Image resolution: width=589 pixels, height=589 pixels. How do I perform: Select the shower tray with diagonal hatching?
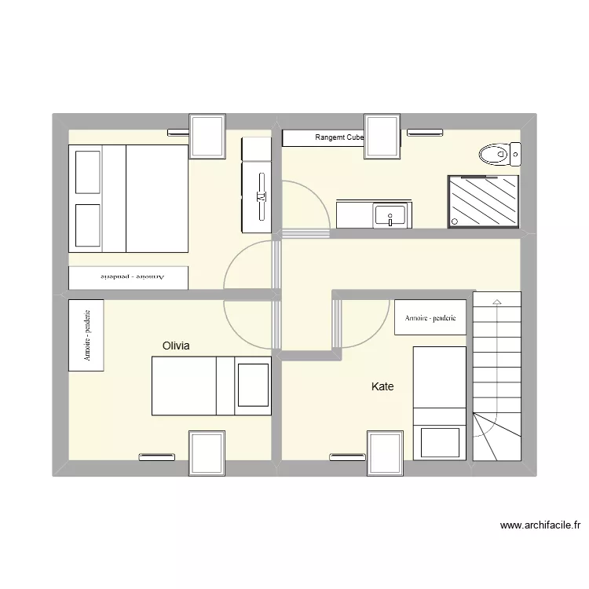(x=483, y=201)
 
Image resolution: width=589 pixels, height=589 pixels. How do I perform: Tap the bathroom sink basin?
(x=390, y=214)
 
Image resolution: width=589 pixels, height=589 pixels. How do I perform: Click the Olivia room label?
(x=177, y=346)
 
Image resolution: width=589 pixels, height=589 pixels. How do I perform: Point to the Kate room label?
(x=382, y=386)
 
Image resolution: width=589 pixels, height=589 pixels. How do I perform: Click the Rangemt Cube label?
(x=339, y=138)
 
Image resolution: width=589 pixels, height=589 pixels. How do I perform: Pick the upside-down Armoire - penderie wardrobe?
(x=128, y=277)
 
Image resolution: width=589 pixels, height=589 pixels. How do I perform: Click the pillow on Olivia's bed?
(x=253, y=385)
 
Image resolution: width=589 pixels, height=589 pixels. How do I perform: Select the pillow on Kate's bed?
(x=440, y=442)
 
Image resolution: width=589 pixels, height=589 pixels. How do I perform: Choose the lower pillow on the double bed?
(x=87, y=225)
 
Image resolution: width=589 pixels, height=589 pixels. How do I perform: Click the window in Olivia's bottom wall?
(x=207, y=452)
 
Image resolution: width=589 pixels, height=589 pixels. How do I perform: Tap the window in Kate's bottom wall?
(x=386, y=453)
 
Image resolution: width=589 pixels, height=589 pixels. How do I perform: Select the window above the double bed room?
(x=208, y=136)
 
